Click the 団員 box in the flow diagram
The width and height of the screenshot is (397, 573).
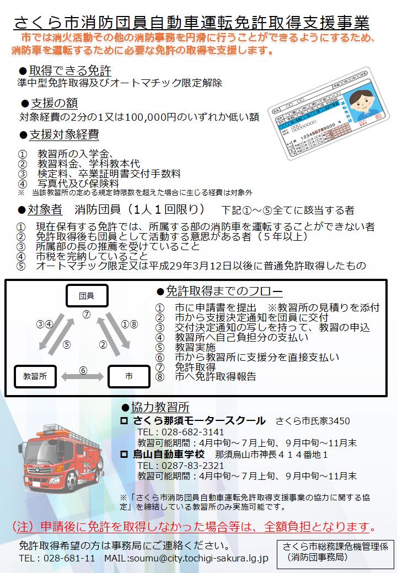click(x=86, y=295)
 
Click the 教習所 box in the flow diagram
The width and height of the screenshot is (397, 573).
click(x=35, y=376)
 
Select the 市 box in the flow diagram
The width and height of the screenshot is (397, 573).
click(x=128, y=376)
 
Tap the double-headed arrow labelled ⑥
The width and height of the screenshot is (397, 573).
click(x=83, y=376)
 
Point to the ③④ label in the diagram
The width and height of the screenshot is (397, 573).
click(x=44, y=324)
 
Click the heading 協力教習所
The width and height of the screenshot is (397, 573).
click(x=160, y=408)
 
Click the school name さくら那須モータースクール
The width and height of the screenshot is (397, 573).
click(x=198, y=421)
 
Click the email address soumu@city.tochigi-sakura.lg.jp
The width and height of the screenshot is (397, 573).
click(x=198, y=559)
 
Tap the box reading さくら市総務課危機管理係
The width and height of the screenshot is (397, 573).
click(x=335, y=552)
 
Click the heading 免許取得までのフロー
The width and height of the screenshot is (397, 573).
click(x=224, y=291)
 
